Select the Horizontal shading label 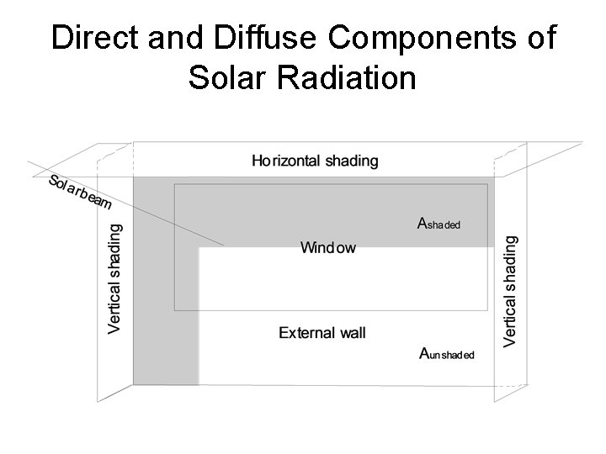[x=316, y=160]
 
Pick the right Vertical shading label [x=510, y=290]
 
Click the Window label [x=328, y=247]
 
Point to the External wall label [x=322, y=333]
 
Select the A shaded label [x=439, y=224]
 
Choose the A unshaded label [x=447, y=354]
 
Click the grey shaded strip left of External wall [x=165, y=336]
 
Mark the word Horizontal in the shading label [x=286, y=160]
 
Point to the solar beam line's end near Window [x=223, y=245]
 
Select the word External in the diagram [x=306, y=333]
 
